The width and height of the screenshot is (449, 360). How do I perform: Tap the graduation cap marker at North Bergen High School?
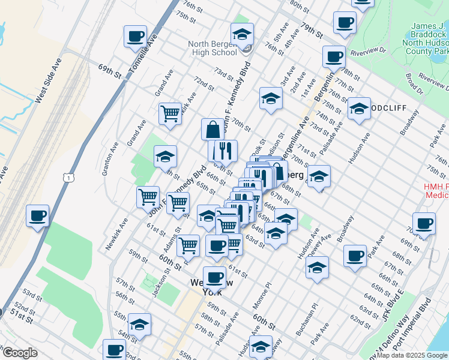click(x=242, y=34)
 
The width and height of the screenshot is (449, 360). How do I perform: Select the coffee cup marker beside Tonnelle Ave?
click(x=136, y=36)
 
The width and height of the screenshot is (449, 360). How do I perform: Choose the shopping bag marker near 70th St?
click(x=213, y=129)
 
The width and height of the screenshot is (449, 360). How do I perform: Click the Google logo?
click(x=20, y=353)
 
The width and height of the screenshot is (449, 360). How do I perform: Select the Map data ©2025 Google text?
click(x=412, y=355)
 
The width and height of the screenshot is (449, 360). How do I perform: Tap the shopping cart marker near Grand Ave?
click(x=170, y=113)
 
